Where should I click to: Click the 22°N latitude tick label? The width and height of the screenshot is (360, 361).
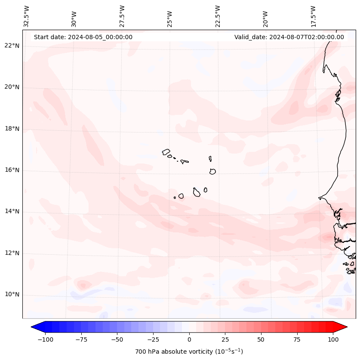tap(12, 46)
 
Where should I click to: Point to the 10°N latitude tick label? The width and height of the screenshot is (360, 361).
tap(12, 295)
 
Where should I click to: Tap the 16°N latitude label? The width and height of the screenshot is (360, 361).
tap(12, 170)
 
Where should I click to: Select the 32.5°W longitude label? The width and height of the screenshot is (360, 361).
tap(27, 16)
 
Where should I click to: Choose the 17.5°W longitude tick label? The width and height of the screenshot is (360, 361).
tap(313, 16)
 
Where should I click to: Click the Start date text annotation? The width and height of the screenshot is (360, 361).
tap(83, 37)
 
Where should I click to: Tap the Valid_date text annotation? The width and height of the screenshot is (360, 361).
tap(289, 37)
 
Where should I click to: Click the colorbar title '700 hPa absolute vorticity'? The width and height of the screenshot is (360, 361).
tap(189, 352)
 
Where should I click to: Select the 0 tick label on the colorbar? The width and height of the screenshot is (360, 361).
tap(189, 339)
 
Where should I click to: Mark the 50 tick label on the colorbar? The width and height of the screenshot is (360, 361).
tap(261, 339)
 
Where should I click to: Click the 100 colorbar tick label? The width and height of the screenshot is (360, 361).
tap(332, 339)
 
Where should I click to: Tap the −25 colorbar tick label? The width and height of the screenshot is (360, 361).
tap(153, 339)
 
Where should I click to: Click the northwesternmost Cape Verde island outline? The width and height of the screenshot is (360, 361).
tap(166, 151)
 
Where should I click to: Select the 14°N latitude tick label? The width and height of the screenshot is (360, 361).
tap(12, 211)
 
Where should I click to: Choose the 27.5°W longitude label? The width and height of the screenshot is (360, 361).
tap(122, 16)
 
